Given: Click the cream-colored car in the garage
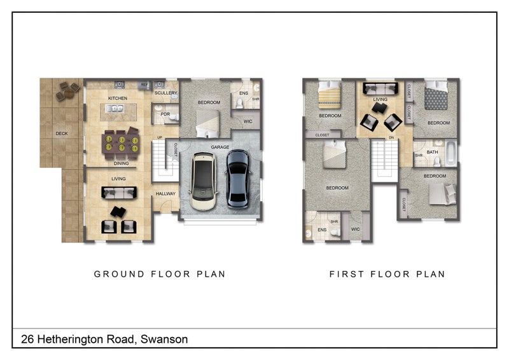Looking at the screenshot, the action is click(204, 181).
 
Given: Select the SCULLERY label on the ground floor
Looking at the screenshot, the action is click(166, 93).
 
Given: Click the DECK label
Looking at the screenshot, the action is click(62, 134).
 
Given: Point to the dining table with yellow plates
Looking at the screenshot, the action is click(121, 144).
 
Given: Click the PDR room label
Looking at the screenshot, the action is click(165, 114).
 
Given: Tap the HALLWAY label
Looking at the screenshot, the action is click(165, 194).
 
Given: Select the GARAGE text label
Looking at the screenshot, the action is click(220, 147).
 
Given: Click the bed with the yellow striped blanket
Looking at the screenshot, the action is click(330, 95).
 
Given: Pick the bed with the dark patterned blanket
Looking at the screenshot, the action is click(436, 95).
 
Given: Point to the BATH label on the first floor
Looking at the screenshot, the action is click(432, 152).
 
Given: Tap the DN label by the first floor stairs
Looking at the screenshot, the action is click(391, 137).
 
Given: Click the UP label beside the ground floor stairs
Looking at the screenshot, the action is click(160, 137).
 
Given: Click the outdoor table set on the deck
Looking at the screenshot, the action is click(67, 91).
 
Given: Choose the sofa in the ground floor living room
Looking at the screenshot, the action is click(119, 193).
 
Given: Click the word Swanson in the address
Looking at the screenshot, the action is click(164, 339).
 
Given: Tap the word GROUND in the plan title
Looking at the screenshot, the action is click(119, 274).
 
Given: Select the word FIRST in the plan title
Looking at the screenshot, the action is click(347, 274).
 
